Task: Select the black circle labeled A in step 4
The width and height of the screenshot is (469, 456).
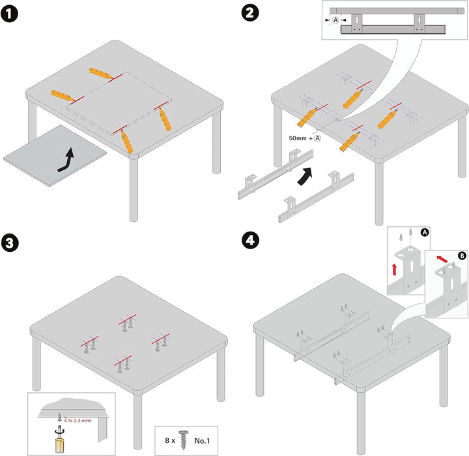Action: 424,231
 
